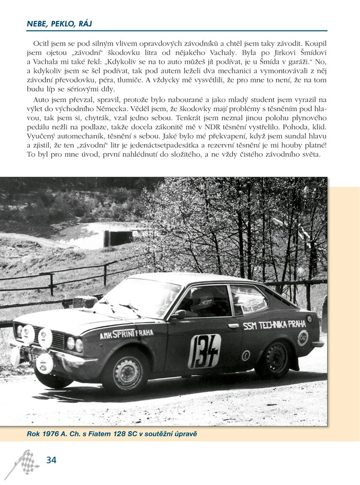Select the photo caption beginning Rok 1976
[x=112, y=435]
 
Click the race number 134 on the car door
[x=204, y=351]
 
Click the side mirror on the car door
[x=180, y=314]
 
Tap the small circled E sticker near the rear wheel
[x=246, y=355]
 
